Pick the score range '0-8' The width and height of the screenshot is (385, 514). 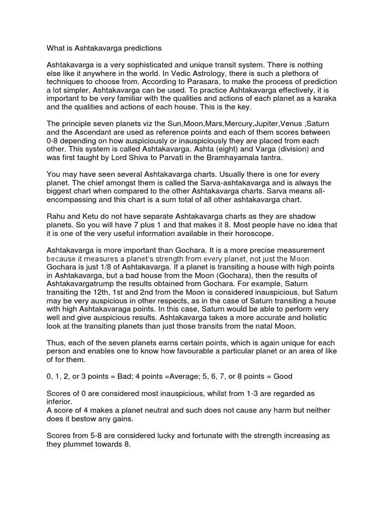pos(55,141)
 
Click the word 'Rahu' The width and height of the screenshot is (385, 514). pos(56,216)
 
